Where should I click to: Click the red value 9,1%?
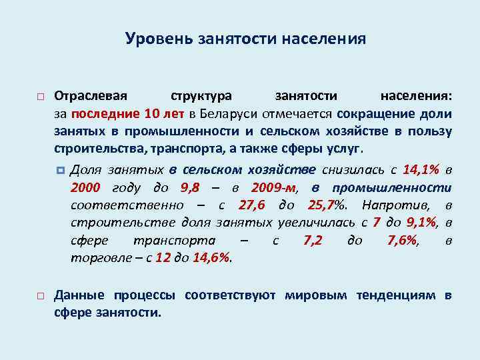coord(419,222)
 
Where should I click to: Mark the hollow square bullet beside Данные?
coord(41,295)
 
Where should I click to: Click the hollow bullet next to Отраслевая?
coord(41,98)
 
